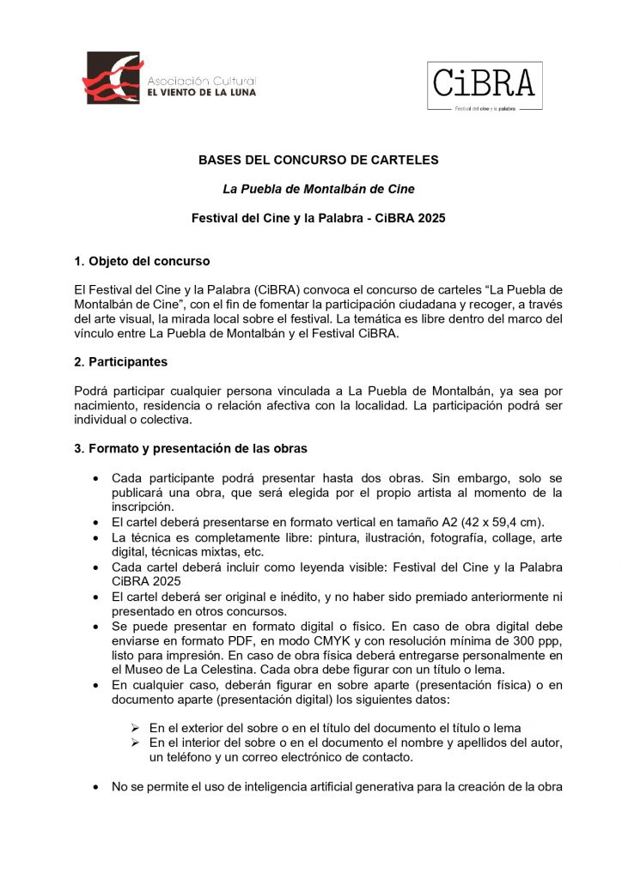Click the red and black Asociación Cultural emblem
point(113,77)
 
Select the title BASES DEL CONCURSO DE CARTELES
point(318,160)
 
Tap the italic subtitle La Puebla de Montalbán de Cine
point(318,189)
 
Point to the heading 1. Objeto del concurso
point(142,261)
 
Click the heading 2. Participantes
point(129,362)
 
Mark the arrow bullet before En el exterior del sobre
point(135,728)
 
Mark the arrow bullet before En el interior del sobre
point(135,743)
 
